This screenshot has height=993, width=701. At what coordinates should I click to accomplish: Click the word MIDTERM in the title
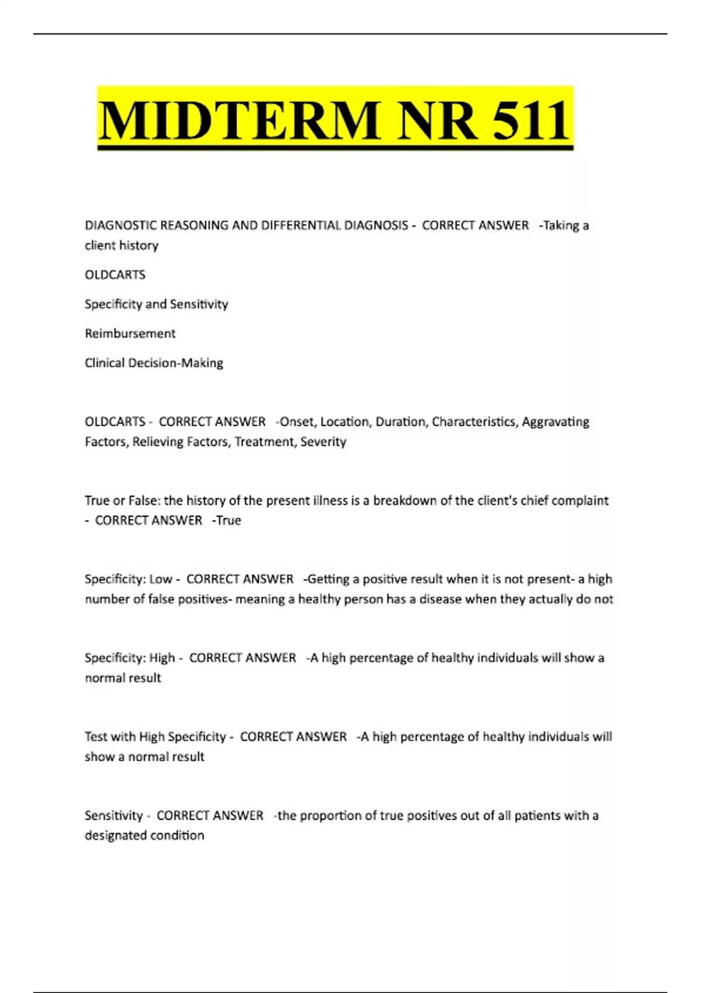click(240, 121)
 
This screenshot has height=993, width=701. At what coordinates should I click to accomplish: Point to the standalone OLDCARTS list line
click(115, 275)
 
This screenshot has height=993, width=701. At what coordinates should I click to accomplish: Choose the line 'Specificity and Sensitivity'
click(156, 304)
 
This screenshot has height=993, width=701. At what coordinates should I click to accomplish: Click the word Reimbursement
click(130, 334)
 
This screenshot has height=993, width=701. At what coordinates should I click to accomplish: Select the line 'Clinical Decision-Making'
click(154, 363)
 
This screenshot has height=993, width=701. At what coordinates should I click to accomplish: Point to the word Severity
click(323, 442)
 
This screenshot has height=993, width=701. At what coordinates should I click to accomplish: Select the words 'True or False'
click(122, 501)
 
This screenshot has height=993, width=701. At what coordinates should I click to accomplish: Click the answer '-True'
click(227, 520)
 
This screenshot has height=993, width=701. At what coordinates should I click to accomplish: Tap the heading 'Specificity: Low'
click(128, 579)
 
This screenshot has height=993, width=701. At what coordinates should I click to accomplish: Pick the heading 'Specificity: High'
click(130, 658)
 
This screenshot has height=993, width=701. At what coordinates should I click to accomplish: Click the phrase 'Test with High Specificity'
click(155, 737)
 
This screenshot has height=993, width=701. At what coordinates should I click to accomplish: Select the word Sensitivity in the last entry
click(113, 815)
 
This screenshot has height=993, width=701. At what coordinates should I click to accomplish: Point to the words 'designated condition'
click(144, 835)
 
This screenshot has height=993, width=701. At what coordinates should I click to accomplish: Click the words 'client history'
click(122, 245)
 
